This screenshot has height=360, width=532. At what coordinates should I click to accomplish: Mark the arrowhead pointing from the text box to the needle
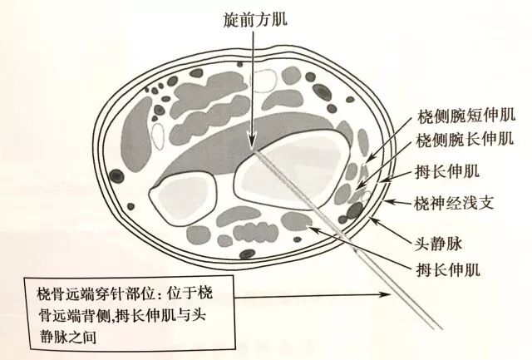tap(391, 294)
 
